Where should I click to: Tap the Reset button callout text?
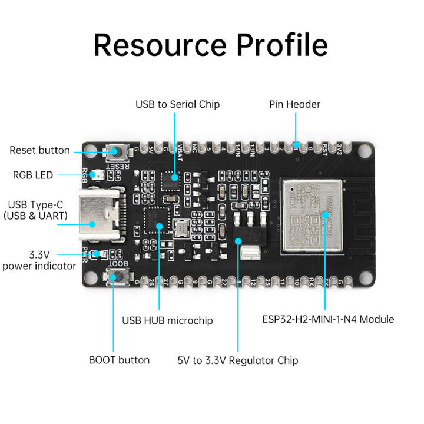click(39, 150)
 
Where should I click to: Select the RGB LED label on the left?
click(32, 175)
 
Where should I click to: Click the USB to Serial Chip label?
click(177, 104)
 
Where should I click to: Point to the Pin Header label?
click(294, 104)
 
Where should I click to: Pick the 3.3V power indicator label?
click(39, 260)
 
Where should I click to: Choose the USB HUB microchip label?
click(167, 321)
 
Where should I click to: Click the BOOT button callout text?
click(119, 359)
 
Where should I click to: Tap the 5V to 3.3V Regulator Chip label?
click(238, 360)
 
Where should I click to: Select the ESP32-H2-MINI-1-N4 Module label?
click(328, 319)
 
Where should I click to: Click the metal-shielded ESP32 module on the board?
click(310, 214)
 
